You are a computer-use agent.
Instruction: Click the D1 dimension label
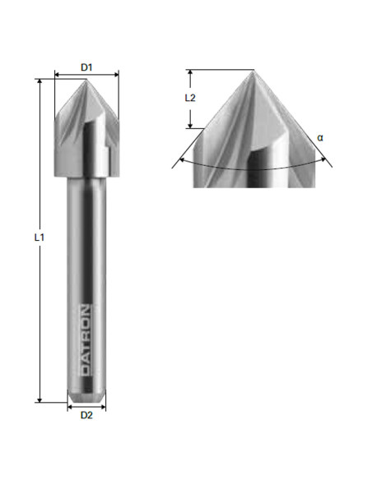[86, 65]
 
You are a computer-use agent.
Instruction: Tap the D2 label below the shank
[86, 415]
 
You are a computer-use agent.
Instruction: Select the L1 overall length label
[39, 238]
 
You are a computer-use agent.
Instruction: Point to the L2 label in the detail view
[190, 98]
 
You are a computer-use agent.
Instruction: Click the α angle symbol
[319, 137]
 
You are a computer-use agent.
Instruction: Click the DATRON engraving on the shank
[86, 340]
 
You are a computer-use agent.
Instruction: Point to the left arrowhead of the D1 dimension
[58, 75]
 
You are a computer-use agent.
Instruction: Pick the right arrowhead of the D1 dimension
[116, 75]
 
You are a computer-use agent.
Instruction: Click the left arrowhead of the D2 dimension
[69, 404]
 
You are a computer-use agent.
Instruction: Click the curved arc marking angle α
[253, 168]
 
